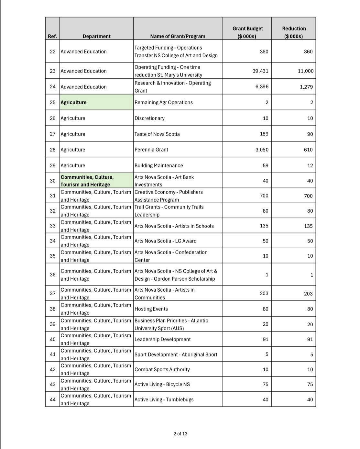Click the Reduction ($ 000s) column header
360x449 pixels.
click(294, 32)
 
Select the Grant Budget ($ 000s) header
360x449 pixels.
click(247, 32)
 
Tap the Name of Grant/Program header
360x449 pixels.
click(178, 36)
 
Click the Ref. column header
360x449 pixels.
click(52, 36)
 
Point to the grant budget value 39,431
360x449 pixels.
click(260, 71)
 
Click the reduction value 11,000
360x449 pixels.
click(305, 71)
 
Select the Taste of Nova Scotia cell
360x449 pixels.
click(157, 134)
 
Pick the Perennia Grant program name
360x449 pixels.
click(151, 150)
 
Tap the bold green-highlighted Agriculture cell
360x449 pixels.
click(74, 102)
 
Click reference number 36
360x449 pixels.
click(53, 275)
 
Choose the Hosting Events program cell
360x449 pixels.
click(151, 309)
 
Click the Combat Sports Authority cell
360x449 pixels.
click(162, 369)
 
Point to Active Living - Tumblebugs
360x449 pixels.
click(164, 399)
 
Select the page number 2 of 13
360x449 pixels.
click(180, 434)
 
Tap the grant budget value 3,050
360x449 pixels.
click(262, 150)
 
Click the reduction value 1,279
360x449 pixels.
click(306, 87)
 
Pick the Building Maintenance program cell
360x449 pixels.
click(159, 165)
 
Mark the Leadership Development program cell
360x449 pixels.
click(163, 339)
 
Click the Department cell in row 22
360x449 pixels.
click(83, 51)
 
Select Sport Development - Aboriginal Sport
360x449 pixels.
click(176, 354)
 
